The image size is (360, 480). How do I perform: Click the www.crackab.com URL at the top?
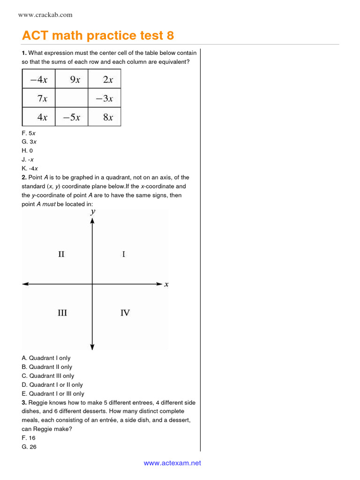[45, 15]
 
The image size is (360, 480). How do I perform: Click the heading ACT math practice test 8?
[98, 36]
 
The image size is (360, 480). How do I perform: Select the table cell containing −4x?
[38, 80]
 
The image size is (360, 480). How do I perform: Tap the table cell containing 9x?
[72, 80]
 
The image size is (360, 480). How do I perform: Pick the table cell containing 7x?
[38, 98]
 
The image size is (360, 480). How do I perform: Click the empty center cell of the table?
[72, 98]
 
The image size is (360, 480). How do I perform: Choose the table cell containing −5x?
[72, 117]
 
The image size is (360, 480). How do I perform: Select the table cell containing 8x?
[105, 117]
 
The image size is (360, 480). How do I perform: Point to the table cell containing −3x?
[105, 98]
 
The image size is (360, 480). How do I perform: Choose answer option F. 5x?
[29, 133]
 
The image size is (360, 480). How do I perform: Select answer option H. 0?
[27, 151]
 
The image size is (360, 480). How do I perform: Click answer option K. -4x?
[30, 169]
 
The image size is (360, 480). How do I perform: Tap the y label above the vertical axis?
[93, 212]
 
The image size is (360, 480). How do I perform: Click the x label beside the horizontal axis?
[166, 284]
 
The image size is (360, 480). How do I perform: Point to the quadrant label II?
[61, 255]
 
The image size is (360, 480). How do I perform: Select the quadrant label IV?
[125, 313]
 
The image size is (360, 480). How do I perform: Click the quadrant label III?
[62, 313]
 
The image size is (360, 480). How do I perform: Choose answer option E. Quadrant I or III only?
[53, 394]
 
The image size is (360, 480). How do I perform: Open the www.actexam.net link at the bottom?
[172, 463]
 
